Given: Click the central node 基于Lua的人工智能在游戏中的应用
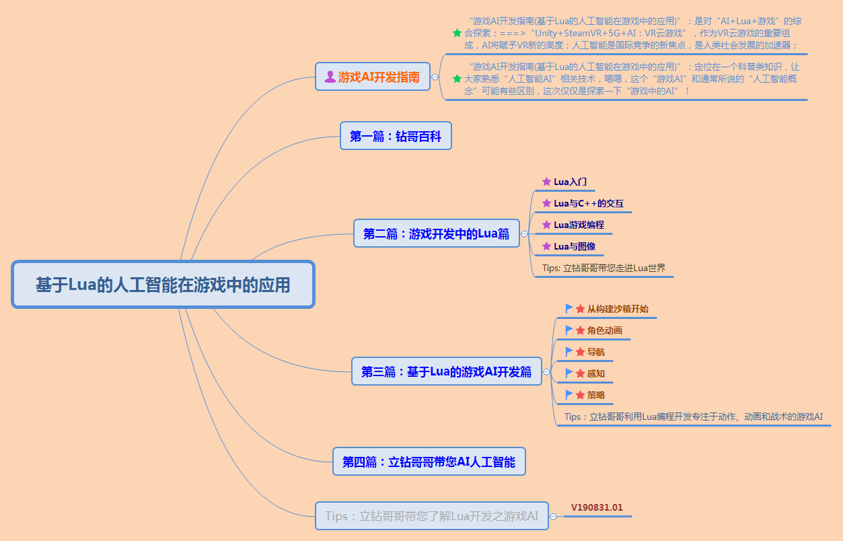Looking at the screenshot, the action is tap(163, 285).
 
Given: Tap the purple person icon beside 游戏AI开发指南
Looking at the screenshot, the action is tap(330, 77).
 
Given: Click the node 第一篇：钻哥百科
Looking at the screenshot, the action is tap(396, 136).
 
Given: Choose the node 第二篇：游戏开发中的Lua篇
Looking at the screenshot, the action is tap(436, 233).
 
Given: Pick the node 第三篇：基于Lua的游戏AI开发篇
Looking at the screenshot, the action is tap(446, 371).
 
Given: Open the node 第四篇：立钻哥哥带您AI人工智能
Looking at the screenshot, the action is tap(429, 462).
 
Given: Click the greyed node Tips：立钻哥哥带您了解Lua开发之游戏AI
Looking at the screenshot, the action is tap(431, 516).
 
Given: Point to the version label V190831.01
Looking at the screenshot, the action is tap(597, 507).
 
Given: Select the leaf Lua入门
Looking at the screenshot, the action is tap(569, 182).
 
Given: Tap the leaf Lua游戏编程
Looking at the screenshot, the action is tap(579, 225).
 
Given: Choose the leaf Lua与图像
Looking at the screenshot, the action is tap(574, 246).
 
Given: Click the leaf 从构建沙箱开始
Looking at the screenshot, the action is tap(618, 309).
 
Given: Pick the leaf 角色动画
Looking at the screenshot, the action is tap(604, 330).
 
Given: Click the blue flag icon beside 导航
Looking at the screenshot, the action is tap(570, 351).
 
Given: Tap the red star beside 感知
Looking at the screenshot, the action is tap(580, 373).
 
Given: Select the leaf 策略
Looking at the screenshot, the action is tap(595, 395).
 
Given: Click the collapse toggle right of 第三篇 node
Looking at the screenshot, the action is tap(547, 371).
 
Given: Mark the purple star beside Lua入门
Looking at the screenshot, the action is tap(546, 182).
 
